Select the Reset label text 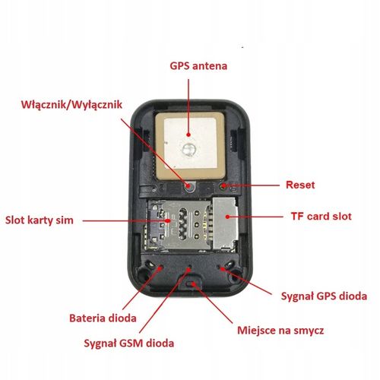tap(300, 184)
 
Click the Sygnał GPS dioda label tap(321, 295)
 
